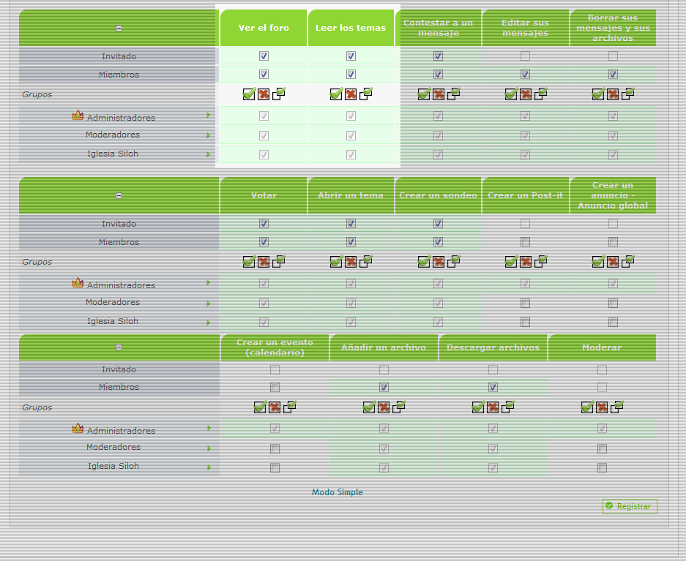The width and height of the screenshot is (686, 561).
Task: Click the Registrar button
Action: (630, 506)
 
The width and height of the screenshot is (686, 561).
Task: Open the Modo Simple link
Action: (338, 492)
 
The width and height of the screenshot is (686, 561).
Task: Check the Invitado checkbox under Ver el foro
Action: (264, 56)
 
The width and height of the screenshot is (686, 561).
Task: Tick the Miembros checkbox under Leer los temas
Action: (351, 75)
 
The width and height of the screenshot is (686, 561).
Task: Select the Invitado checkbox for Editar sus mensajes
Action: (525, 56)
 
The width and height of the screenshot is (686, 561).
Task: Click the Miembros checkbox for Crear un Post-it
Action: (525, 242)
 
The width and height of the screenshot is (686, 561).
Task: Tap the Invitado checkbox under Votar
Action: (264, 224)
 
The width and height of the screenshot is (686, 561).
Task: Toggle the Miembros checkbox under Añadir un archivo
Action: (384, 388)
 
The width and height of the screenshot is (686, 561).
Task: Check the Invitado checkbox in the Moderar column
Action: (602, 370)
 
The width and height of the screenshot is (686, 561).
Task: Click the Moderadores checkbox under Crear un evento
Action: (275, 449)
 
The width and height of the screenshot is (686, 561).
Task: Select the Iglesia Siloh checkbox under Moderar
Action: (602, 468)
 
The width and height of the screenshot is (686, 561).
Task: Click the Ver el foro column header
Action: (264, 28)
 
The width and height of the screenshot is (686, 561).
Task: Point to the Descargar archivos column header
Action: (493, 347)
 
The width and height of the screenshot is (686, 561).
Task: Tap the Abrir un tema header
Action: (351, 195)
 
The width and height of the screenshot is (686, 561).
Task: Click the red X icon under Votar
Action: (264, 261)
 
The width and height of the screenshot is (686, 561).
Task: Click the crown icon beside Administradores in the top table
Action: (78, 116)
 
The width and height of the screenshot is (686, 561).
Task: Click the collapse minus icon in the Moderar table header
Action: (119, 347)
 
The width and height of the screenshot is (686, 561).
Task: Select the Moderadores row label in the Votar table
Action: (112, 302)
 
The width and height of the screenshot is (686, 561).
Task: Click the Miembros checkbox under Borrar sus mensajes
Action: (613, 75)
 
